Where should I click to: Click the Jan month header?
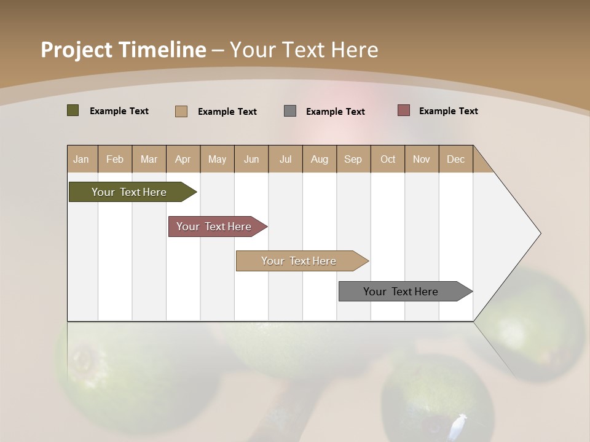81,160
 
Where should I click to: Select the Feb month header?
115,160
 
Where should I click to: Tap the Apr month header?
183,160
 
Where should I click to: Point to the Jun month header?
251,160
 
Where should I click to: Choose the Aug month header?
319,160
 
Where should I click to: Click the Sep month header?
353,160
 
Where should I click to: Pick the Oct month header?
388,160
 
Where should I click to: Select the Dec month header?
455,160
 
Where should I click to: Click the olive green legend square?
73,110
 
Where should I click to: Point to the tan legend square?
181,111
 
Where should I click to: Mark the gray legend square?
290,111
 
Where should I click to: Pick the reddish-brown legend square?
404,110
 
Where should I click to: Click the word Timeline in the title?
163,50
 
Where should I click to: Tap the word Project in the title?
77,50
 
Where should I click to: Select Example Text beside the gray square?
336,112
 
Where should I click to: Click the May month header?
217,160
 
